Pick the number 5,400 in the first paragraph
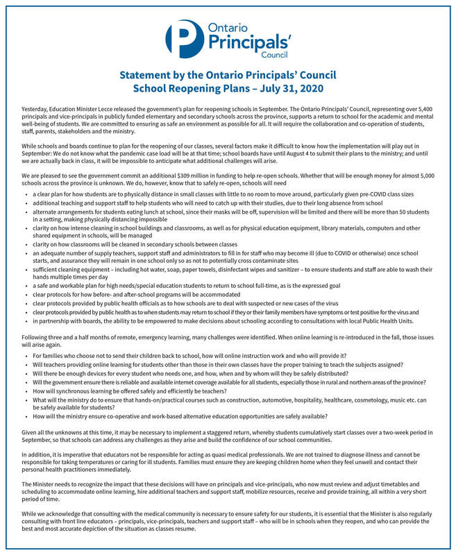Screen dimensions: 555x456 pyautogui.click(x=425, y=110)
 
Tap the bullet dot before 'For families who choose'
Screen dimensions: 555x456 pyautogui.click(x=25, y=355)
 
